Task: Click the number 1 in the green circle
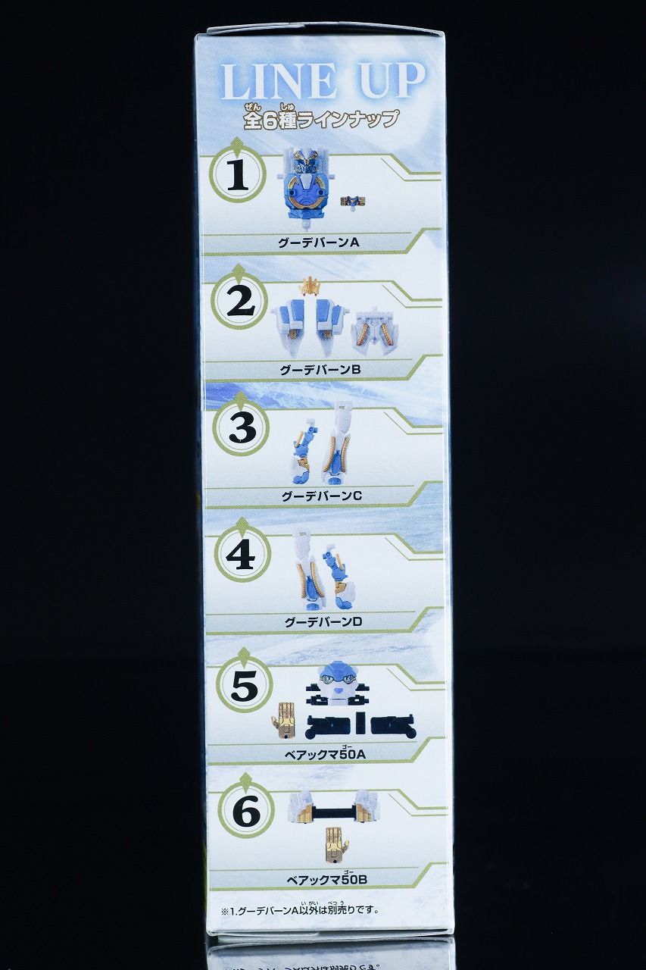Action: coord(238,175)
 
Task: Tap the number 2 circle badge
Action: coord(240,302)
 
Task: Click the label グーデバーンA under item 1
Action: coord(319,242)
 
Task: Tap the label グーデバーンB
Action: coord(320,369)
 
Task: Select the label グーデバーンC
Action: coord(322,496)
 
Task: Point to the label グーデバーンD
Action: coord(323,622)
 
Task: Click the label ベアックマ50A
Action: coord(325,753)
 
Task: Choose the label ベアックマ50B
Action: coord(327,880)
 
